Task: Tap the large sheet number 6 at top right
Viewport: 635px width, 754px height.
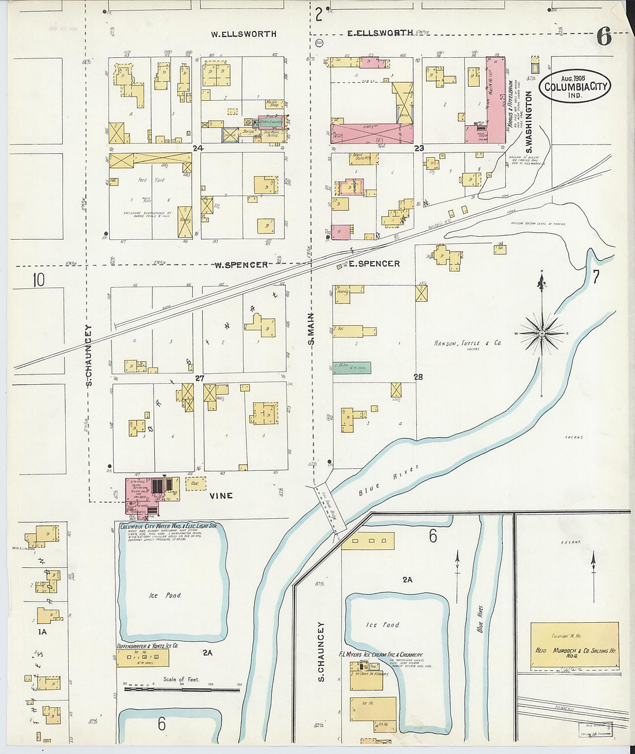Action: click(604, 37)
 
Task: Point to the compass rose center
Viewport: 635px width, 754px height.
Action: click(542, 333)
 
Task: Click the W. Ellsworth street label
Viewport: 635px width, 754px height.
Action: click(243, 34)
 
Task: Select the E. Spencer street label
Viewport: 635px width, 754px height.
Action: click(373, 263)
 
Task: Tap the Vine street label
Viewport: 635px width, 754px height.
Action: click(221, 495)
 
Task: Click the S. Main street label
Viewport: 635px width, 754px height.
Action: click(311, 329)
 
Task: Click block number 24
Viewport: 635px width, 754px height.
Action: click(198, 148)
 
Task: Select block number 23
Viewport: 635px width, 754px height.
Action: click(419, 148)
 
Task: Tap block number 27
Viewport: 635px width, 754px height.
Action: click(200, 378)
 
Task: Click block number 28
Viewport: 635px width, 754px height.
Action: click(418, 377)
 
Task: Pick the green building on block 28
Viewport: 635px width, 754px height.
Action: click(352, 367)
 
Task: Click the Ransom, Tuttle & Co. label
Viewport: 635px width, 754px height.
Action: click(467, 343)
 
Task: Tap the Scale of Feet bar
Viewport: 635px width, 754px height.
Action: click(182, 689)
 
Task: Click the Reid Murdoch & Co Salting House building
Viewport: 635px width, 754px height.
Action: click(574, 647)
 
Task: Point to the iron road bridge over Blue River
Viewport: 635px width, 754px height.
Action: click(330, 508)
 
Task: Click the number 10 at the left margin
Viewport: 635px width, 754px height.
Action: click(38, 280)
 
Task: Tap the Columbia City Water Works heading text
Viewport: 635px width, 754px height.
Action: click(167, 526)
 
